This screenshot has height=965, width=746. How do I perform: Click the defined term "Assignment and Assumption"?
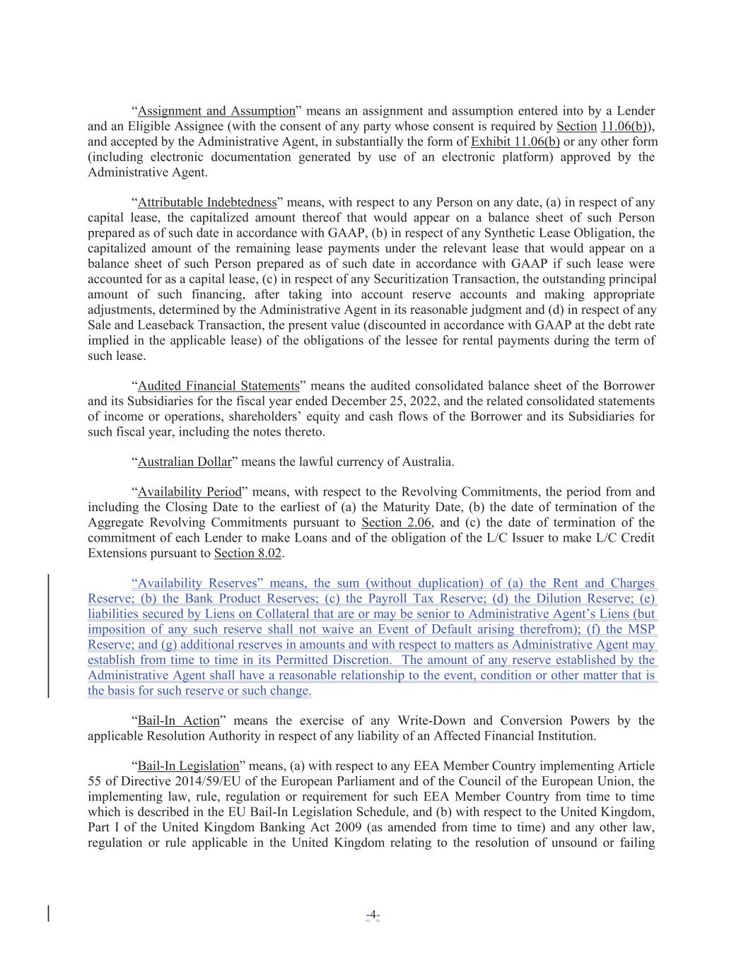216,111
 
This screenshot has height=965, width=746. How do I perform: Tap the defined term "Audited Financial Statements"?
218,386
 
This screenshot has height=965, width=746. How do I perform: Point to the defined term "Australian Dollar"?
185,462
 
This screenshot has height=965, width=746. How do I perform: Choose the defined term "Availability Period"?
190,492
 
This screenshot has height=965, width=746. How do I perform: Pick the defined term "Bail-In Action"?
178,721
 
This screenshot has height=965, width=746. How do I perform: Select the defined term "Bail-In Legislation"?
188,766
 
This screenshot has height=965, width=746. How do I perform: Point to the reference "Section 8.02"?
248,554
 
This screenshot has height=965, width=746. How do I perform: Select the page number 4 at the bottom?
373,914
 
